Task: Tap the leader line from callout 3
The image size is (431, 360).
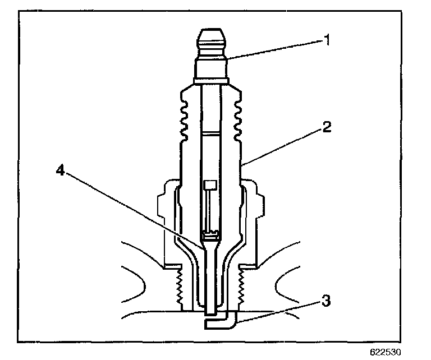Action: (281, 312)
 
